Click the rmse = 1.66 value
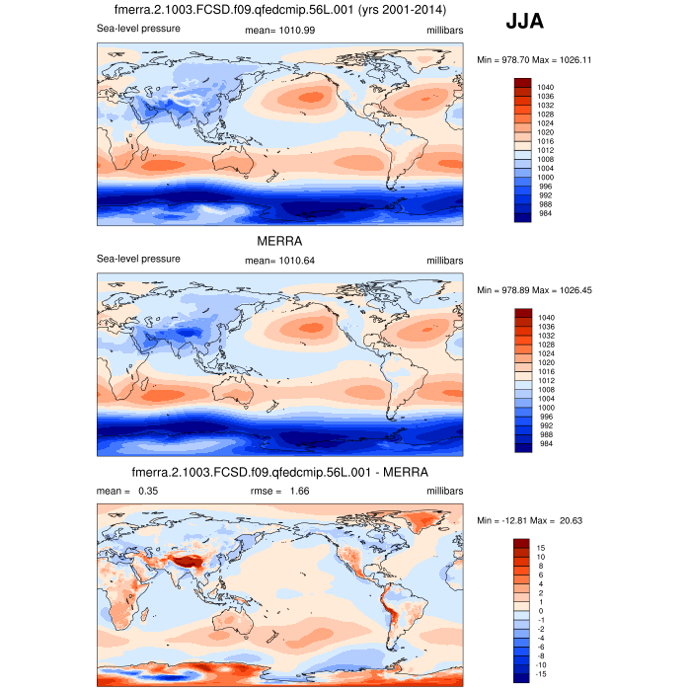280,491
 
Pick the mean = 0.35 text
127,491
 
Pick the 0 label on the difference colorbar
541,610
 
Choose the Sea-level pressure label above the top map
138,30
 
